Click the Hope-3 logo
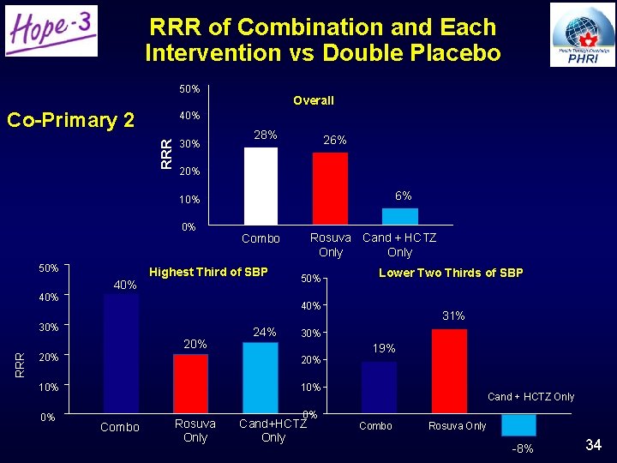(51, 31)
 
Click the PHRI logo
(583, 34)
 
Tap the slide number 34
(593, 444)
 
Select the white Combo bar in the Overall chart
(261, 187)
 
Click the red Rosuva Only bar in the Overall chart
(330, 189)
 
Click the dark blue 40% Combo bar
(121, 355)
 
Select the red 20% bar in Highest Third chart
(190, 384)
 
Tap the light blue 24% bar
(260, 378)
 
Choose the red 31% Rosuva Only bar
(449, 371)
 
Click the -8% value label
(522, 448)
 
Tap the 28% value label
(266, 135)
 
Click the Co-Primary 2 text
(70, 120)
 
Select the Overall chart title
(314, 100)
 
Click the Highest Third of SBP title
(208, 272)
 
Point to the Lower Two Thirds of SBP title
(451, 273)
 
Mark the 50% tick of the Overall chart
(189, 88)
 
